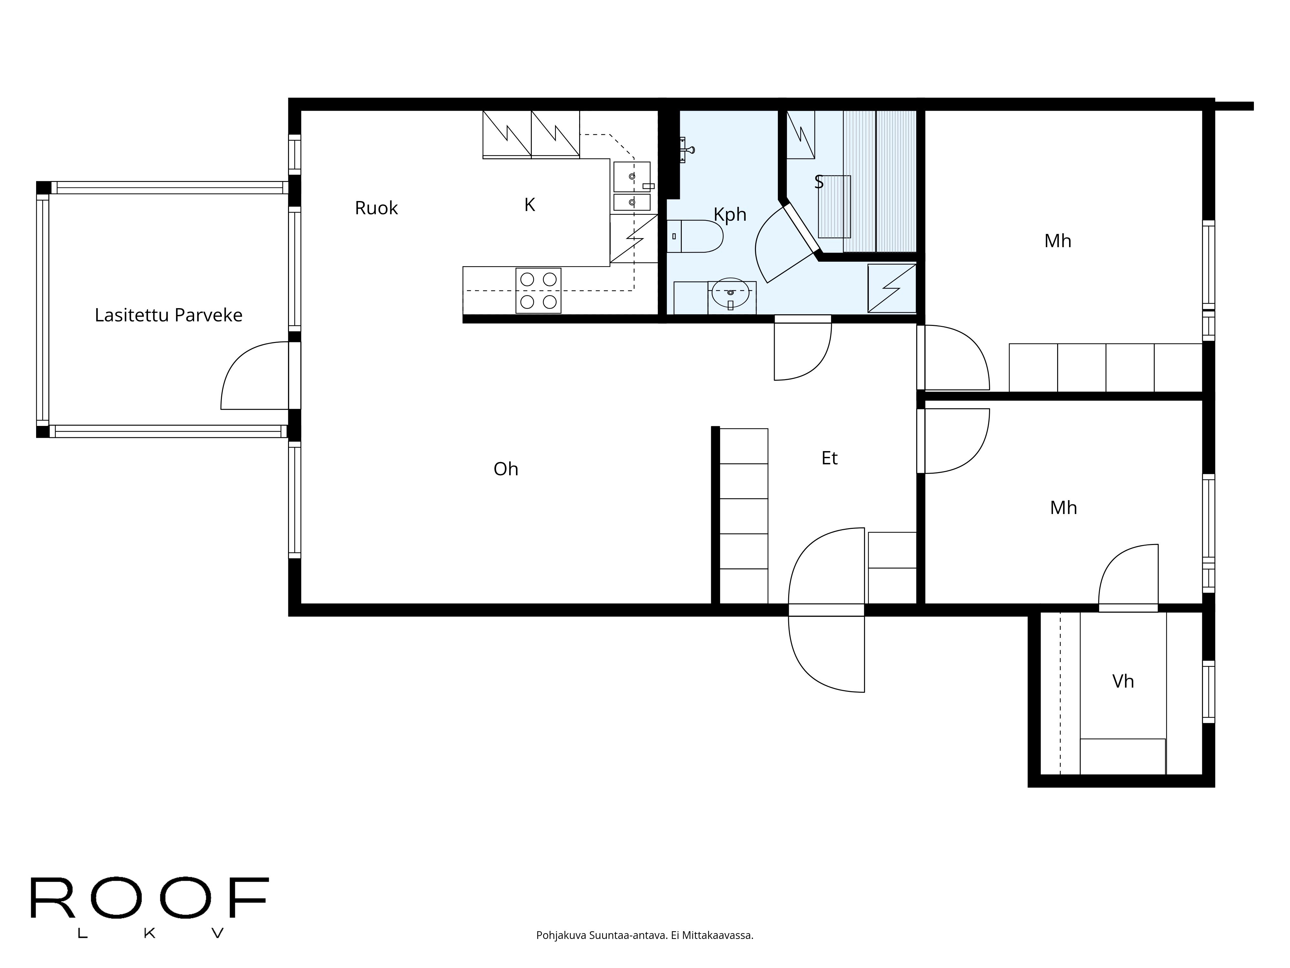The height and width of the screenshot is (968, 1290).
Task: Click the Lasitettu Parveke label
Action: coord(169,315)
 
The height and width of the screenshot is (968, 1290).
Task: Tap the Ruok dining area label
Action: coord(376,208)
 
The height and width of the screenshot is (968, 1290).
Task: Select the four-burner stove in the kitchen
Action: coord(538,291)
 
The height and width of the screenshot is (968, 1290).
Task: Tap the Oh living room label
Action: coord(506,469)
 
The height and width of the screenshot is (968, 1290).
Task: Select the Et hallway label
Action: coord(829,459)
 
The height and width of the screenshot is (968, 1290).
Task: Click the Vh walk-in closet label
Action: coord(1123,681)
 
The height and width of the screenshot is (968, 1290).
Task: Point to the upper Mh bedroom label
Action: coord(1057,241)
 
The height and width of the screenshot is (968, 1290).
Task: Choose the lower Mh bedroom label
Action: coord(1063,508)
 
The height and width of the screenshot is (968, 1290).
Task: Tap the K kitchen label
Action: coord(530,205)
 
